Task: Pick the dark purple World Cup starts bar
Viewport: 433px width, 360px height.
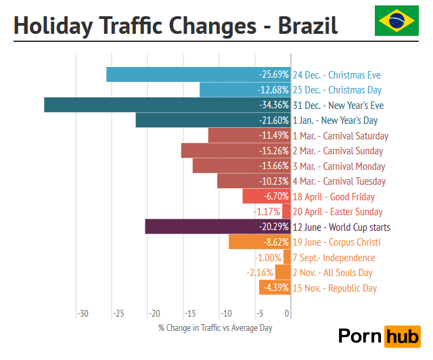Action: [218, 227]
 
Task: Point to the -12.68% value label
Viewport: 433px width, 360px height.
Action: [274, 90]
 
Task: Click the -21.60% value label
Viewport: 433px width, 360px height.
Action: [274, 120]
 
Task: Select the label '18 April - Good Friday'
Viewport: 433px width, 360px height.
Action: [334, 197]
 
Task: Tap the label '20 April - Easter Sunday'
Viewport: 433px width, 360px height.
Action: [338, 212]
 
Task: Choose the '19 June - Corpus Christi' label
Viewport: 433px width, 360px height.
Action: [336, 242]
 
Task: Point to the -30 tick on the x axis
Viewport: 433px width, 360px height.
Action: [83, 314]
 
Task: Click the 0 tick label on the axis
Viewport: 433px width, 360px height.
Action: [288, 314]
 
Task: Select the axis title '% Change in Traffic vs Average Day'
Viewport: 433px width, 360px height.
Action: [215, 328]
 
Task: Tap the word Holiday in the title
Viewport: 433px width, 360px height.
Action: [53, 26]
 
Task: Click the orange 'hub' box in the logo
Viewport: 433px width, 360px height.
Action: [402, 336]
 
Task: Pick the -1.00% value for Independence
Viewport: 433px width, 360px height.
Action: [269, 258]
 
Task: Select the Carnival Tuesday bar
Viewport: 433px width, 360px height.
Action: [254, 181]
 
